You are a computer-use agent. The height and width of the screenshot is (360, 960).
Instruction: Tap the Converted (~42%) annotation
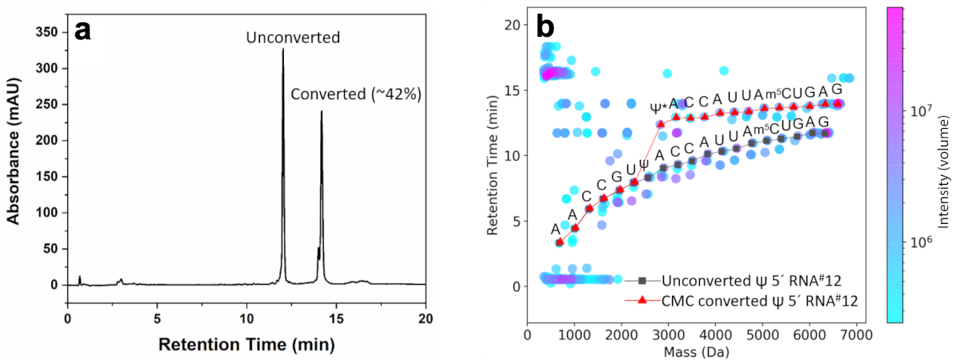pos(355,94)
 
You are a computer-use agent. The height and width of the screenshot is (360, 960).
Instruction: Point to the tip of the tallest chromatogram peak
pos(283,50)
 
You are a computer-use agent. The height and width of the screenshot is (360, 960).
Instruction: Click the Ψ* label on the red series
pos(659,106)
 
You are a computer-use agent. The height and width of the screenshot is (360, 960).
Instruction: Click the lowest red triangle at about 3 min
pos(559,242)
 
